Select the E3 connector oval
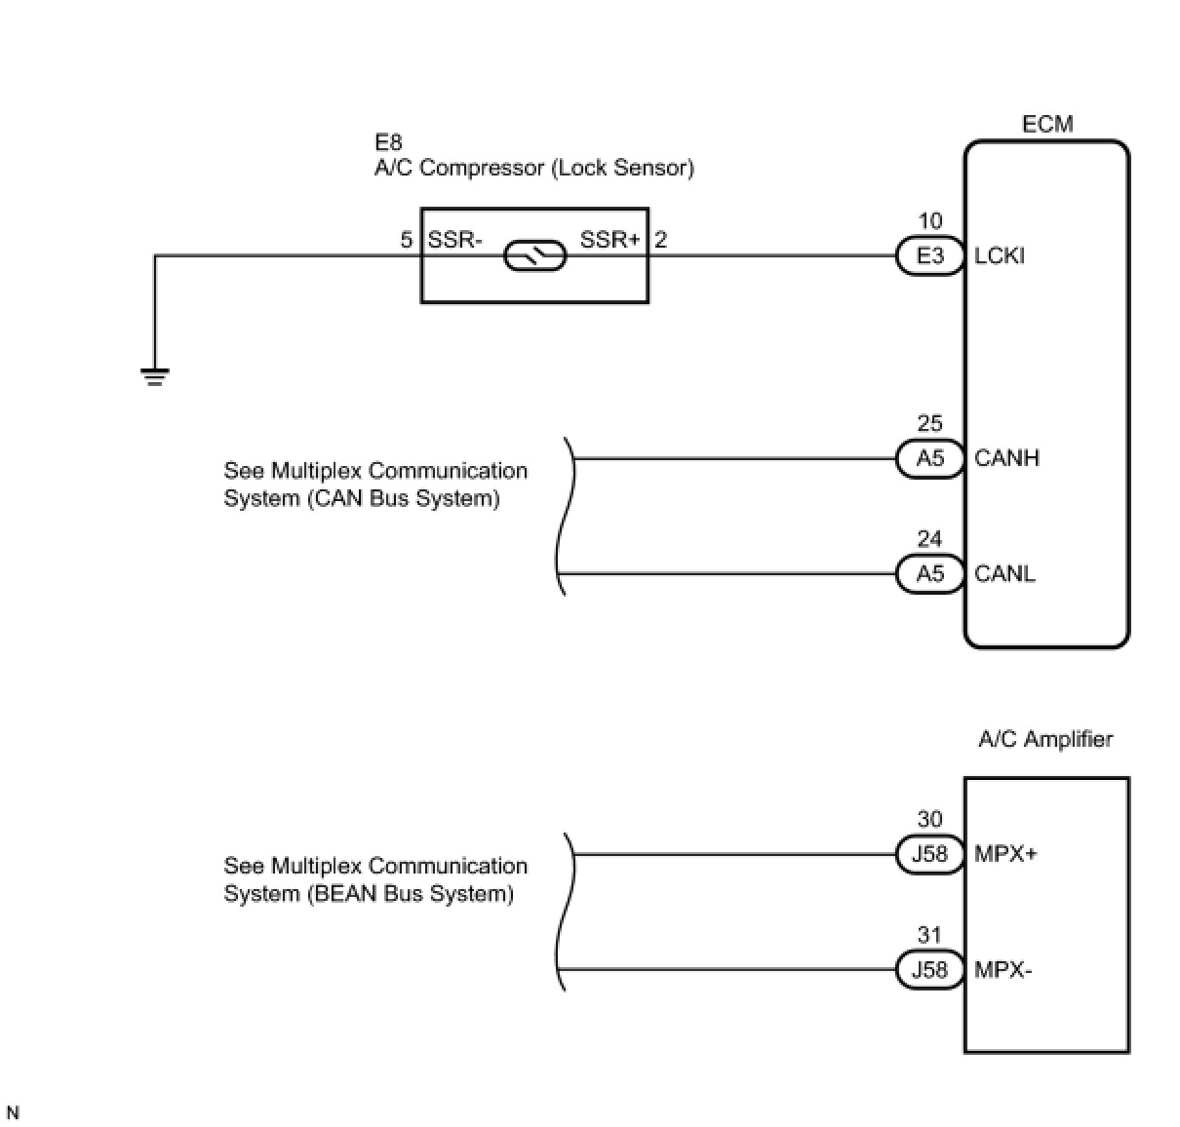930,256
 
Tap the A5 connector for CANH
930,458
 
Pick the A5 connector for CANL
930,573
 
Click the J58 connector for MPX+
929,854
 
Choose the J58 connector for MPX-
929,970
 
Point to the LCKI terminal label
1000,256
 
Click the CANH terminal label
1006,458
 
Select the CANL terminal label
1004,573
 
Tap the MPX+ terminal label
1005,854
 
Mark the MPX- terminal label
1003,970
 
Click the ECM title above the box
1047,124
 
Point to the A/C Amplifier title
1045,739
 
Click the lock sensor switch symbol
534,256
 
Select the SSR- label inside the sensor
454,240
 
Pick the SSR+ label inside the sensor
610,240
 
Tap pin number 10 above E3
930,221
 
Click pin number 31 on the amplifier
929,936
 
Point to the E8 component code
388,143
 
